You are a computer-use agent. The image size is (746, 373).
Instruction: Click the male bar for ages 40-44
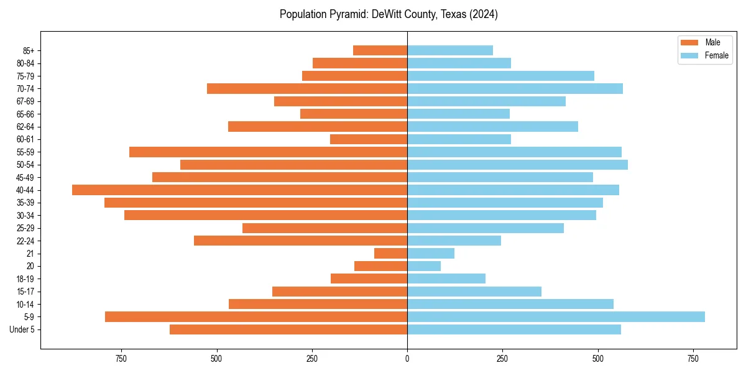coord(239,190)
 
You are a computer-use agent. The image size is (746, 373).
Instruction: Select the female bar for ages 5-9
coord(556,317)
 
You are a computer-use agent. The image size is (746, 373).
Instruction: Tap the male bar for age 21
coord(390,254)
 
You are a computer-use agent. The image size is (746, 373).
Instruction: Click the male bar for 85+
coord(380,50)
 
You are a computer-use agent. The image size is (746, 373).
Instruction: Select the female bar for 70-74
coord(515,89)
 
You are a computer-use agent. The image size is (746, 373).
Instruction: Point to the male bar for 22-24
coord(300,241)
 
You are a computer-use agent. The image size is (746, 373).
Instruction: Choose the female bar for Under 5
coord(513,329)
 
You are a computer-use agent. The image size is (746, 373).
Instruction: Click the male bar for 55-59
coord(268,152)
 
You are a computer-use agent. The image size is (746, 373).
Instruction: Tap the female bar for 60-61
coord(459,139)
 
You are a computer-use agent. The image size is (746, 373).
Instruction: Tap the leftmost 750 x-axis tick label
coord(121,359)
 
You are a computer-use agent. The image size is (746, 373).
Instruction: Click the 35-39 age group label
coord(24,203)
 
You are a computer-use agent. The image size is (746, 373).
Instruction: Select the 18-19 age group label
coord(24,279)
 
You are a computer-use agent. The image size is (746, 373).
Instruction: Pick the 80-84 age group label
coord(24,63)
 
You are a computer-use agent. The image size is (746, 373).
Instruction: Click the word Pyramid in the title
coord(348,14)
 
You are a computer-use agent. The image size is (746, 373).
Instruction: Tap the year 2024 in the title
coord(485,14)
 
